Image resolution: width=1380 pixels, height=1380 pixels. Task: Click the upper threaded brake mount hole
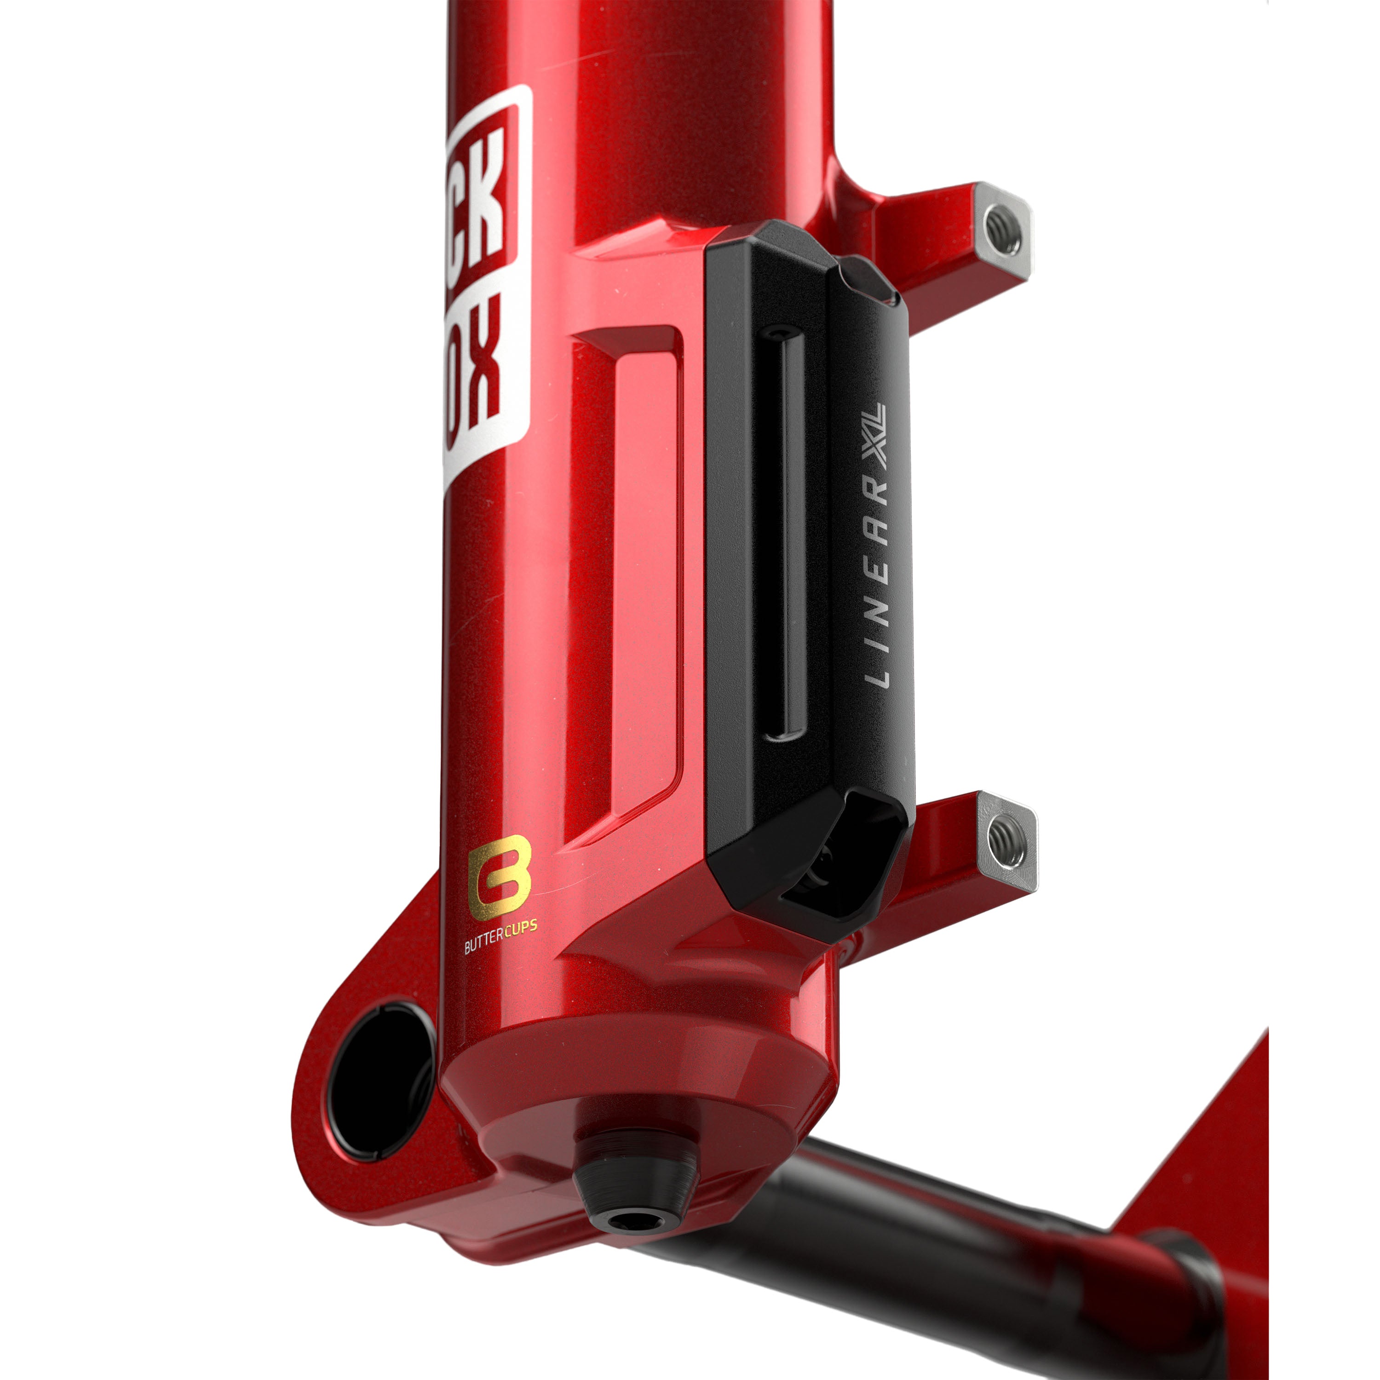point(1002,230)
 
